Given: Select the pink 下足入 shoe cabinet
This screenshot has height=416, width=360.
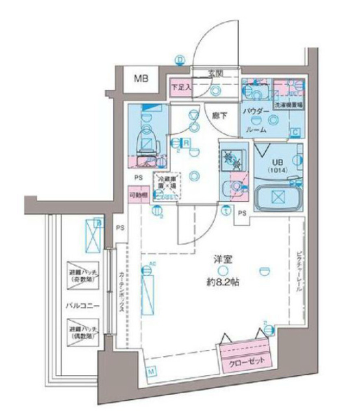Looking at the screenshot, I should click(x=180, y=87).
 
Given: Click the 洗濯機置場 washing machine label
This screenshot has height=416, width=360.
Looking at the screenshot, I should click(x=288, y=105).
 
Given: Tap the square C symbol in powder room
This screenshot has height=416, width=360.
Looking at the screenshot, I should click(x=295, y=132).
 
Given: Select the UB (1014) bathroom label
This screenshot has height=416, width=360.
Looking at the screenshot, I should click(x=278, y=166).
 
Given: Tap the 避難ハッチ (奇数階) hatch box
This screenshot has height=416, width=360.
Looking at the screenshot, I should click(x=83, y=275).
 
